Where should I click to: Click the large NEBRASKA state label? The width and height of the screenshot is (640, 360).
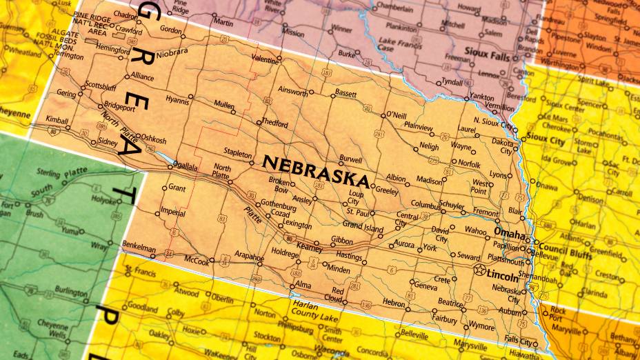click(316, 172)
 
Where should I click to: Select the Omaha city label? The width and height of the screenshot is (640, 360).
click(511, 233)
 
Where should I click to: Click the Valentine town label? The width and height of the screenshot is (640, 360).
click(265, 61)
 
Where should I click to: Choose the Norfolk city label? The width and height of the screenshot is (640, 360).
click(469, 164)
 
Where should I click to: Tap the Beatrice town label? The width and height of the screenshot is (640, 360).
click(450, 302)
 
